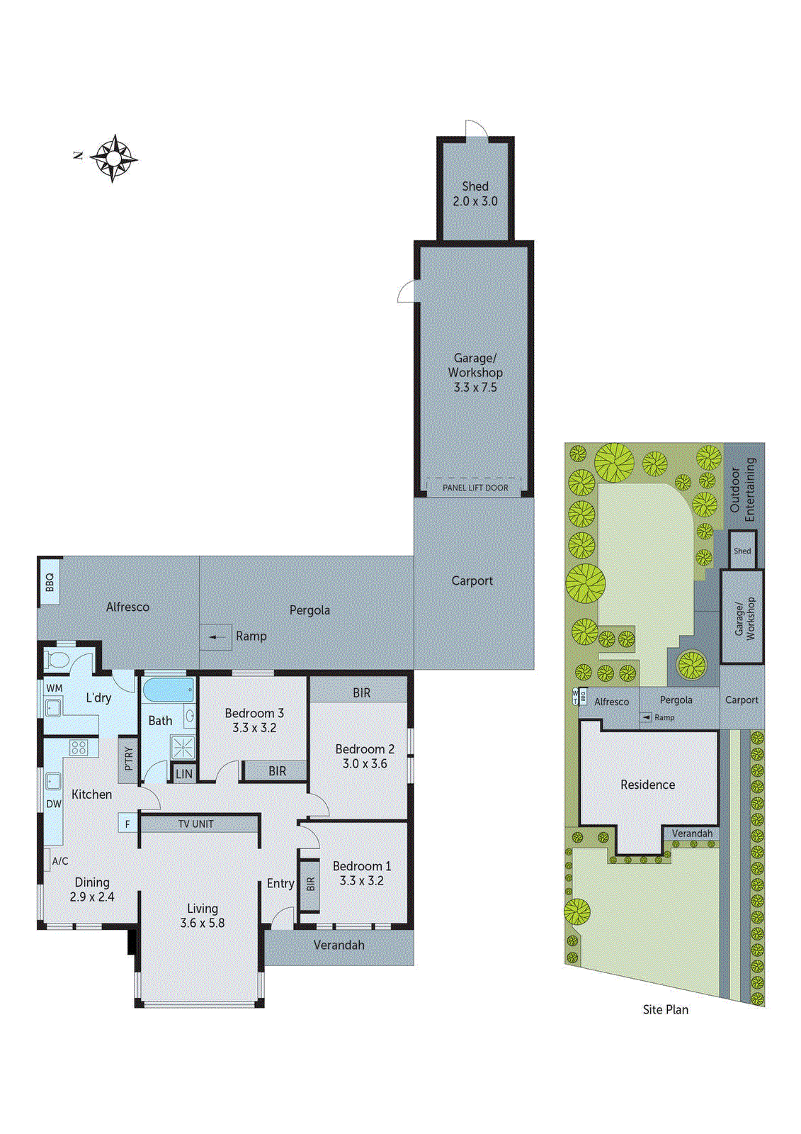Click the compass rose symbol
[x=113, y=157]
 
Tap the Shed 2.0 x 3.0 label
[x=475, y=193]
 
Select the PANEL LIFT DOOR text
[x=475, y=488]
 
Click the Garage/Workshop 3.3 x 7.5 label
[x=475, y=373]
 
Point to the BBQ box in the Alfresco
[x=50, y=582]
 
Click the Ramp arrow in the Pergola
[x=216, y=636]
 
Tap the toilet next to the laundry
[x=57, y=661]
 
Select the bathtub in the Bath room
[x=169, y=690]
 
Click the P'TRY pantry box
[x=128, y=758]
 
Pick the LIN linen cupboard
[x=183, y=774]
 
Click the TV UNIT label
[x=196, y=824]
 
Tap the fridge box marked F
[x=127, y=824]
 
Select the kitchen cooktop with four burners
[x=79, y=747]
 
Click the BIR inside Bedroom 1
[x=309, y=885]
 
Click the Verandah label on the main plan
[x=339, y=945]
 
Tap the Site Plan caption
[x=665, y=1009]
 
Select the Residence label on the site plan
[x=647, y=785]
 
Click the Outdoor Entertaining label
[x=742, y=488]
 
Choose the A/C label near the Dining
[x=60, y=861]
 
